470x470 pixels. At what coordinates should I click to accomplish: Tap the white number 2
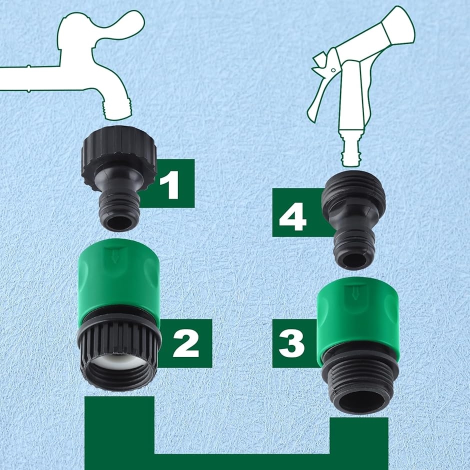(186, 343)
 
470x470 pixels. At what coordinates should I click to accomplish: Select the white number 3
(291, 343)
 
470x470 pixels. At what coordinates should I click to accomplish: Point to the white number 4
(292, 217)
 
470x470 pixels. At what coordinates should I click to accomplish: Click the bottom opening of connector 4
(353, 259)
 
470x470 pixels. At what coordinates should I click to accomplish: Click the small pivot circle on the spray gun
(333, 70)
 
